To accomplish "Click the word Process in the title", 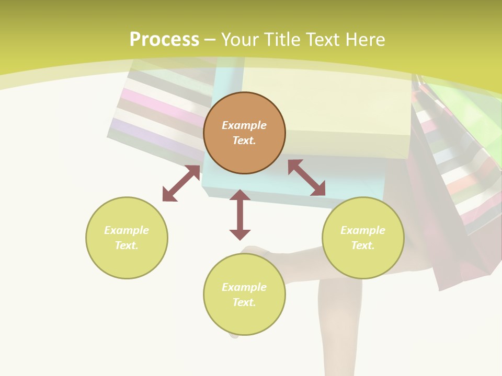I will pyautogui.click(x=164, y=39).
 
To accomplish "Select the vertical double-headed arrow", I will pyautogui.click(x=240, y=215).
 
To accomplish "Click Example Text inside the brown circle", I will pyautogui.click(x=244, y=133).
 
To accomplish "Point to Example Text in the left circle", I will pyautogui.click(x=127, y=238).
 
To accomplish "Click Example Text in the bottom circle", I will pyautogui.click(x=244, y=295).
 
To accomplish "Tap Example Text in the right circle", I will pyautogui.click(x=363, y=238).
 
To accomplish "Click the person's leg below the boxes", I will pyautogui.click(x=340, y=324).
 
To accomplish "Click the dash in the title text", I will pyautogui.click(x=210, y=40).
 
